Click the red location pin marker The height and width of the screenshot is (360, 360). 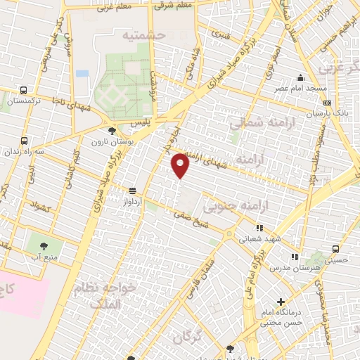pyautogui.click(x=181, y=165)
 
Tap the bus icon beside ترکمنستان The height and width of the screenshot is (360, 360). pyautogui.click(x=24, y=91)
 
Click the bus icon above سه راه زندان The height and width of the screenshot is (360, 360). pyautogui.click(x=25, y=141)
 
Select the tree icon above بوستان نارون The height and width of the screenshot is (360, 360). pyautogui.click(x=112, y=130)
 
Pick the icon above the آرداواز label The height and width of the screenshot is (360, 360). pyautogui.click(x=132, y=191)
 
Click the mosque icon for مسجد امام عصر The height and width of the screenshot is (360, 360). pyautogui.click(x=301, y=78)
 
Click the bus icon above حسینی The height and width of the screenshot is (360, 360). pyautogui.click(x=335, y=249)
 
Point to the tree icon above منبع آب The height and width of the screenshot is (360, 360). pyautogui.click(x=44, y=246)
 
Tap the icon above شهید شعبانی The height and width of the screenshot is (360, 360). pyautogui.click(x=259, y=228)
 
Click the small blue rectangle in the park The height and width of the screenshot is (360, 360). pyautogui.click(x=82, y=73)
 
